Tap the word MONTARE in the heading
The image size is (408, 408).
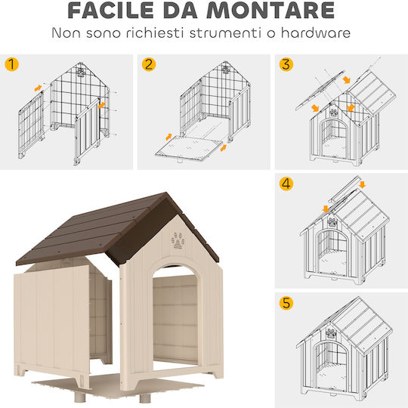point(270,11)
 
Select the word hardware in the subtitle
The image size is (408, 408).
point(316,33)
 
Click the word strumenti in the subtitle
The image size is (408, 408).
point(225,33)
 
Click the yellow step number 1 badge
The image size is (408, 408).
point(11,64)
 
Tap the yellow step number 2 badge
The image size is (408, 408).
point(149,64)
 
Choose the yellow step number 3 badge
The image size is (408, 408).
point(286,64)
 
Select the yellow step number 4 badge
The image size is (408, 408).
point(286,184)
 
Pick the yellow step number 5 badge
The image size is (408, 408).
point(286,303)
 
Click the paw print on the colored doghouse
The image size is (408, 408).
point(178,241)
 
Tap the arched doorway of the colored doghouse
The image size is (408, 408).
point(175,318)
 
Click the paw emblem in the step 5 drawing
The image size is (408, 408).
point(331,333)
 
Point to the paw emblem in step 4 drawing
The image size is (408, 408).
point(332,222)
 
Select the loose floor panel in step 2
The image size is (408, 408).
point(189,148)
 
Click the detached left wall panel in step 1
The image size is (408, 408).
point(31,125)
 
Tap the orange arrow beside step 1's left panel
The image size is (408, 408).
point(38,88)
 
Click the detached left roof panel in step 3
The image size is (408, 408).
point(320,91)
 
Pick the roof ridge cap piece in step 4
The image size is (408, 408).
point(345,190)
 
